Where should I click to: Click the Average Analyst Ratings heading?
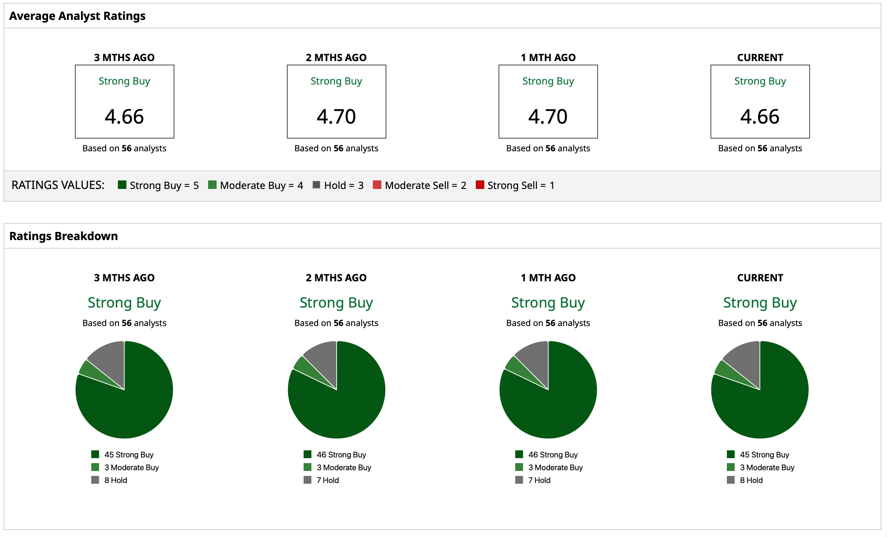coord(77,16)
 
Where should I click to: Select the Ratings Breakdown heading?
coord(63,236)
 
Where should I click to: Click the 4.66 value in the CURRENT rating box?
coord(760,116)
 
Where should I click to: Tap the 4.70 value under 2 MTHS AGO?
coord(336,116)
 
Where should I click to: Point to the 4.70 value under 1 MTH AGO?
coord(548,116)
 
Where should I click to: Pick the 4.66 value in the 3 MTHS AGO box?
coord(124,116)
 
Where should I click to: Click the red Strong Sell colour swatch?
coord(480,185)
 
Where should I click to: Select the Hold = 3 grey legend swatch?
coord(316,185)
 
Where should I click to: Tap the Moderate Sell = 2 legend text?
coord(425,185)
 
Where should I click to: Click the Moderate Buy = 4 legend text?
coord(261,185)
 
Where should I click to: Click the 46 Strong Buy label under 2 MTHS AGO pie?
coord(341,455)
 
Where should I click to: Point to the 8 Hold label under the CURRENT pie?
coord(751,480)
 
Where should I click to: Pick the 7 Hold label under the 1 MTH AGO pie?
coord(539,480)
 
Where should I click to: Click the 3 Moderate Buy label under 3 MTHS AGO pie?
coord(131,467)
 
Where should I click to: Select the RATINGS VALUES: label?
coord(58,185)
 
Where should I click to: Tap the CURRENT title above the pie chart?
coord(760,278)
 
